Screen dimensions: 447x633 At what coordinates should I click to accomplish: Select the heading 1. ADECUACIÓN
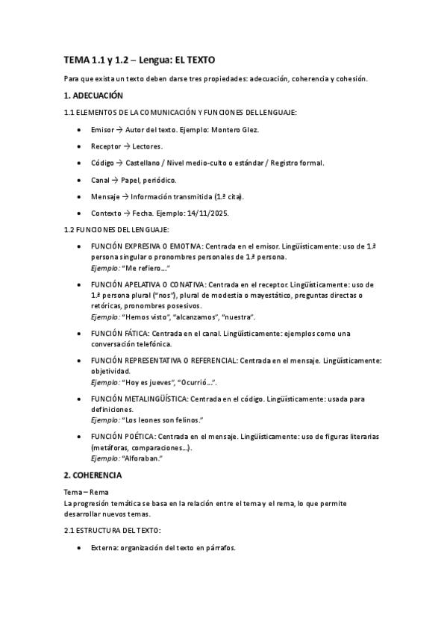[93, 96]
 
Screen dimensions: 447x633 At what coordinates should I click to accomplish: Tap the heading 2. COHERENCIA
[93, 475]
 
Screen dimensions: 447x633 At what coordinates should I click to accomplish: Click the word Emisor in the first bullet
[102, 130]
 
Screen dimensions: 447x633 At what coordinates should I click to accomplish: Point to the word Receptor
[105, 146]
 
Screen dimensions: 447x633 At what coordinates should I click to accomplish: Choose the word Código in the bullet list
[103, 163]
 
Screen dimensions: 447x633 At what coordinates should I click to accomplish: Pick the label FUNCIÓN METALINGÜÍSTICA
[139, 399]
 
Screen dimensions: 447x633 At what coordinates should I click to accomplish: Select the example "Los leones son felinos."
[163, 420]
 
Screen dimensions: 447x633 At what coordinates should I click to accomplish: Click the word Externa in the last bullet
[105, 548]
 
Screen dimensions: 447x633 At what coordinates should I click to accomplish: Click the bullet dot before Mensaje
[80, 196]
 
